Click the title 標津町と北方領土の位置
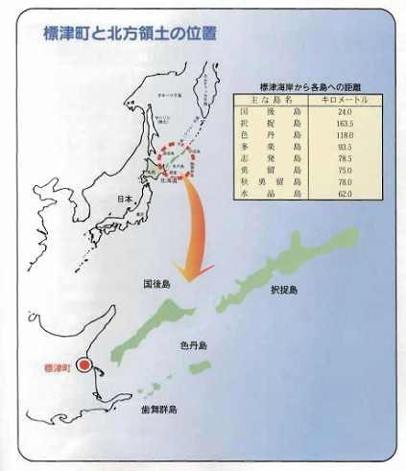(130, 34)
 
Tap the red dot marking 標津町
(84, 365)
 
